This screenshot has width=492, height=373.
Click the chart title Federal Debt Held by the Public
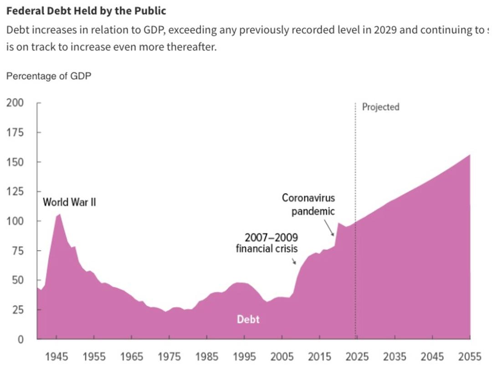(x=86, y=10)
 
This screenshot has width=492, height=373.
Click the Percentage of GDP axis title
(x=49, y=76)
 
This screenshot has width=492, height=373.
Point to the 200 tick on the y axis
(x=15, y=103)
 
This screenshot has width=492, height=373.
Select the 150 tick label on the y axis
(x=15, y=162)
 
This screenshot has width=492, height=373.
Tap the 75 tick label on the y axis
(x=17, y=251)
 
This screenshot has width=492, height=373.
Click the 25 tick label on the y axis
(x=17, y=310)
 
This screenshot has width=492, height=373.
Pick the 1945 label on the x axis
(x=56, y=357)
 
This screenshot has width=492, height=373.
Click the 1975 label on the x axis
(x=169, y=357)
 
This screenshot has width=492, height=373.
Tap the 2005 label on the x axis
(x=282, y=357)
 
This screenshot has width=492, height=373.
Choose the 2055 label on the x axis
(x=469, y=357)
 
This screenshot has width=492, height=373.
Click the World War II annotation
(x=69, y=202)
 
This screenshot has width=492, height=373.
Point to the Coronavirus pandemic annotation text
(x=308, y=205)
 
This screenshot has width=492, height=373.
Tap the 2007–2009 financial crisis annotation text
(x=267, y=243)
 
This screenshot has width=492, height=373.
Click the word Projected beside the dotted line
(x=380, y=107)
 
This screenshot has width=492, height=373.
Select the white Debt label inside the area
(x=248, y=319)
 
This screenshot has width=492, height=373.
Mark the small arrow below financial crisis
(x=294, y=261)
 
